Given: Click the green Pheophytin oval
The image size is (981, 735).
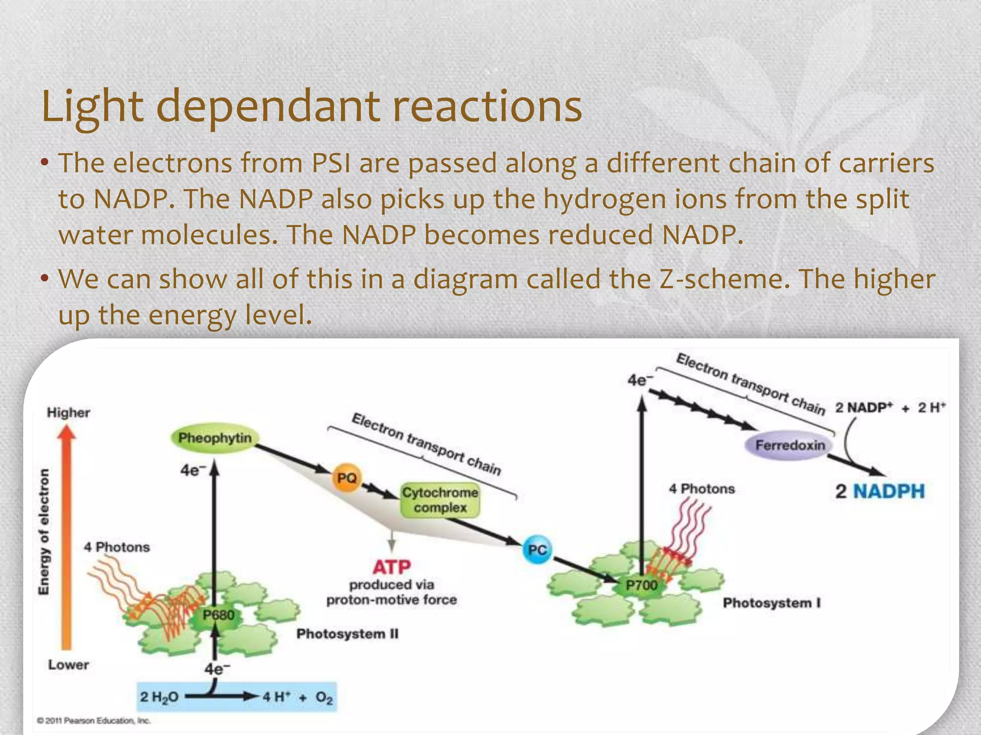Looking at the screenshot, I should pyautogui.click(x=215, y=438).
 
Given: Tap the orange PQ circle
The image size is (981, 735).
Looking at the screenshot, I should pyautogui.click(x=347, y=478).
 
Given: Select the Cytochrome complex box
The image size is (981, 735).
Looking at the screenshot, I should pyautogui.click(x=440, y=500).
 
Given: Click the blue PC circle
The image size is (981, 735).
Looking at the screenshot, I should pyautogui.click(x=537, y=550).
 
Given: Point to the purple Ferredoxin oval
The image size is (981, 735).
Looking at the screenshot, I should pyautogui.click(x=790, y=445).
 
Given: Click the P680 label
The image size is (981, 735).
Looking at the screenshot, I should pyautogui.click(x=218, y=615).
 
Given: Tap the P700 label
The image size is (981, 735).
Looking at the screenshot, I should pyautogui.click(x=641, y=585).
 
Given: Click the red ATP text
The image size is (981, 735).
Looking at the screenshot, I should pyautogui.click(x=391, y=567).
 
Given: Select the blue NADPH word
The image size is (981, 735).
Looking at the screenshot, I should pyautogui.click(x=889, y=491).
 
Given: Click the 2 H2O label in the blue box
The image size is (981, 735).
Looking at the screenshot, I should pyautogui.click(x=159, y=697).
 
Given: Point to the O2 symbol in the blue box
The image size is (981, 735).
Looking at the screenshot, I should pyautogui.click(x=324, y=698).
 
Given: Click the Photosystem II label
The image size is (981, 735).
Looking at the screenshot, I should pyautogui.click(x=347, y=634).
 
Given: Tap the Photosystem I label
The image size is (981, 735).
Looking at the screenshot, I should pyautogui.click(x=772, y=603).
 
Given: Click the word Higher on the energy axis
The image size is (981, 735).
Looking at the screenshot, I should pyautogui.click(x=68, y=412).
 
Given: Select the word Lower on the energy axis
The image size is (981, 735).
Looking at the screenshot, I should pyautogui.click(x=68, y=665).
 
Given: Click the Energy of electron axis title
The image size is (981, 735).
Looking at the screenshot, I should pyautogui.click(x=44, y=531).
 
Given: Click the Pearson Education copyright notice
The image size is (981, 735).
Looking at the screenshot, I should pyautogui.click(x=94, y=721).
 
